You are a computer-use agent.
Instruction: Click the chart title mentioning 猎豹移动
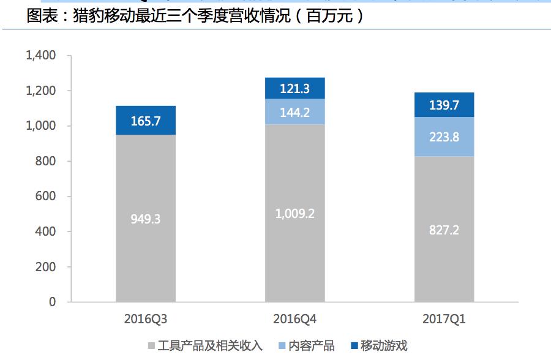[196, 16]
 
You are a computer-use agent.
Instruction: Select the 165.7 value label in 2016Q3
[145, 121]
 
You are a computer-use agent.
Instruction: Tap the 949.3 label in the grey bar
[145, 219]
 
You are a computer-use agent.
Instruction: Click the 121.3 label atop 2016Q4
[294, 89]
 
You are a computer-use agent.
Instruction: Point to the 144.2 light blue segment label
[294, 112]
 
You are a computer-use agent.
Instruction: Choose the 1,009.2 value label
[294, 214]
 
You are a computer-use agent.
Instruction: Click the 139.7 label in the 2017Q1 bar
[444, 105]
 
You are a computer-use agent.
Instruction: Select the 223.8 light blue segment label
[444, 137]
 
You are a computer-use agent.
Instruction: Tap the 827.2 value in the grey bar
[444, 230]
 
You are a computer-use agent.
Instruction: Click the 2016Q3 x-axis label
[145, 319]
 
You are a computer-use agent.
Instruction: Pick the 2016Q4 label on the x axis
[294, 319]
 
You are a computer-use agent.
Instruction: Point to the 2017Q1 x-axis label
[444, 319]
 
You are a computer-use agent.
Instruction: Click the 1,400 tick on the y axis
[41, 56]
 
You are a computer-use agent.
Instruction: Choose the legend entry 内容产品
[312, 346]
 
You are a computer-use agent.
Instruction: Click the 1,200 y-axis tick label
[41, 91]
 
